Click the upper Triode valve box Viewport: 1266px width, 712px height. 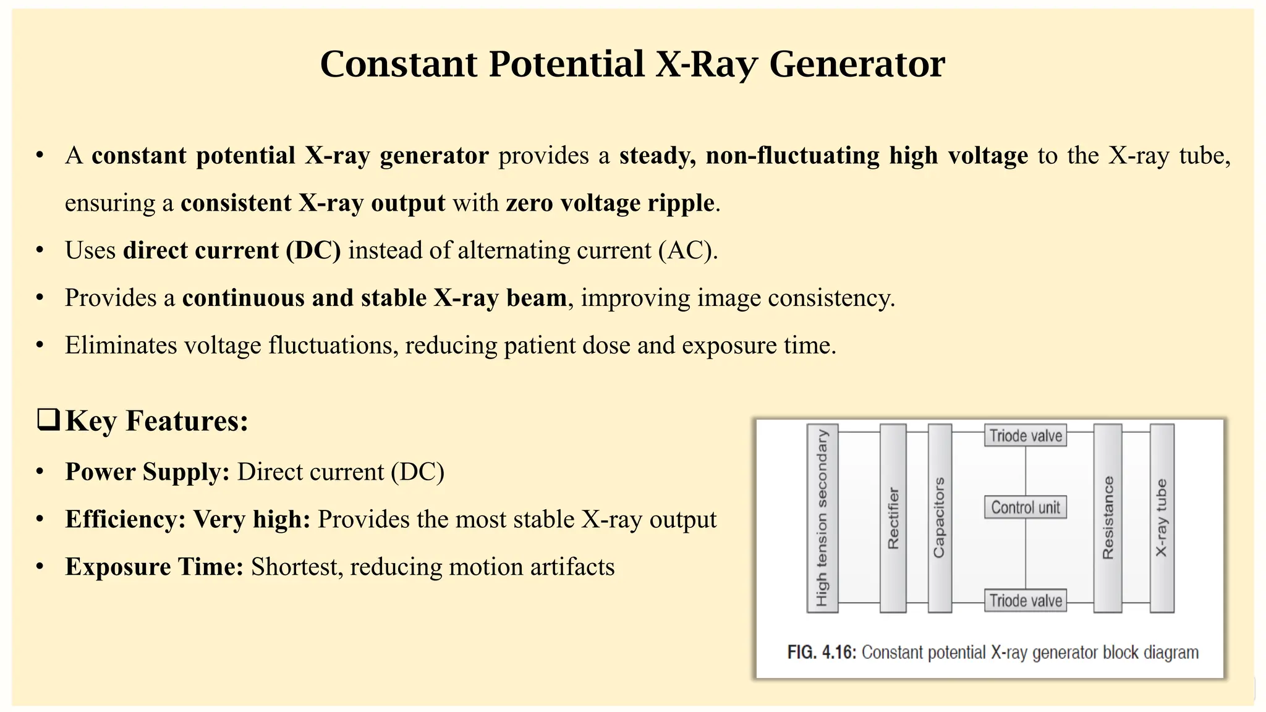[1025, 436]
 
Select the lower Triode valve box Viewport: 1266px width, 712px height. [1025, 600]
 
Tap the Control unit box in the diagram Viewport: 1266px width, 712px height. [1025, 507]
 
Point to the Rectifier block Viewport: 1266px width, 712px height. [893, 518]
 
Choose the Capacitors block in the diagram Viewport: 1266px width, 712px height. [939, 518]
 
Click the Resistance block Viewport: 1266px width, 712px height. [1107, 518]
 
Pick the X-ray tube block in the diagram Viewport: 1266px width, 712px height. [1161, 518]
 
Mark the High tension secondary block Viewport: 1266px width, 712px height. [822, 518]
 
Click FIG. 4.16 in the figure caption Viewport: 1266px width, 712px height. [821, 652]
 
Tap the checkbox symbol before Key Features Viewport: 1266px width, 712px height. [48, 420]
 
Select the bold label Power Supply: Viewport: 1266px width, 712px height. [147, 472]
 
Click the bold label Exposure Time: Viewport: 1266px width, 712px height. [154, 567]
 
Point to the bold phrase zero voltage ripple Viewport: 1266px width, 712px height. [610, 203]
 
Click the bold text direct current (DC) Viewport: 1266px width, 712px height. [232, 250]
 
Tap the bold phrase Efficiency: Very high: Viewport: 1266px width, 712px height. [187, 519]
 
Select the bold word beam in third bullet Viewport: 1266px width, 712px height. [536, 298]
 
